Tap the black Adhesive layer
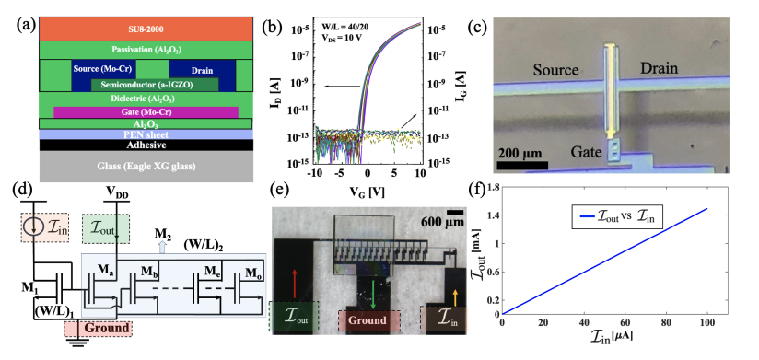[144, 145]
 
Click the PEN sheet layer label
[144, 134]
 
